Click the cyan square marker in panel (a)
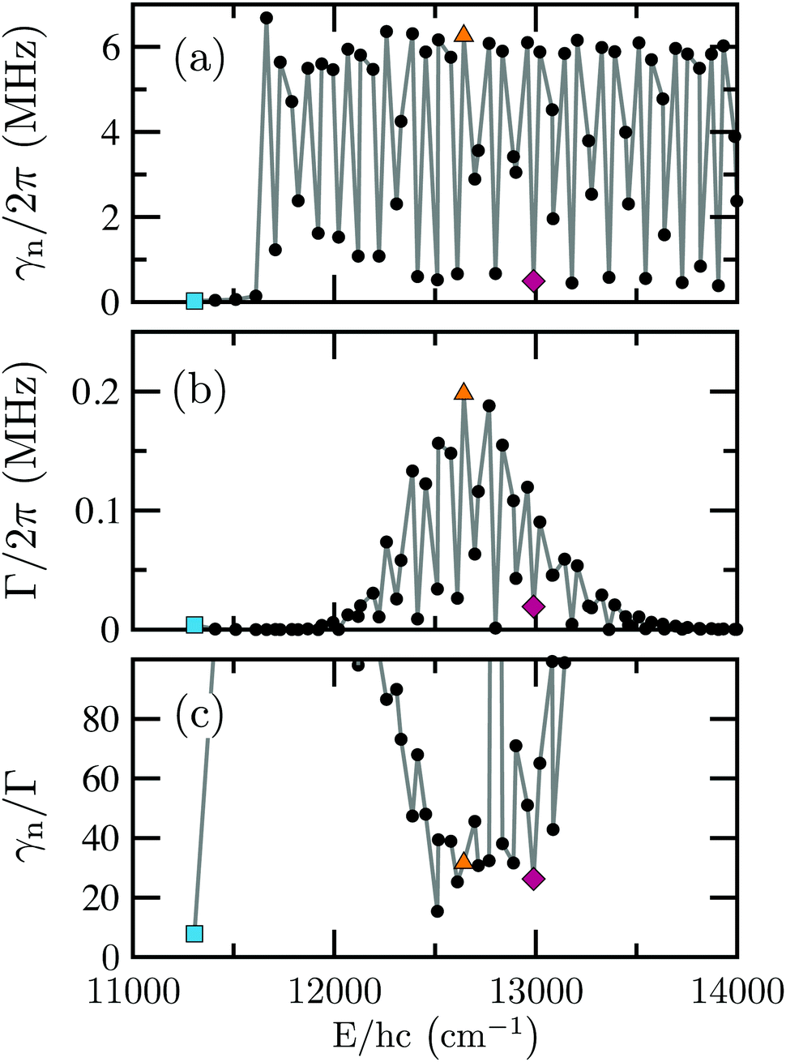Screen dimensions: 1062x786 [x=194, y=301]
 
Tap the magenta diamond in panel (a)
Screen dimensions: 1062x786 [x=533, y=280]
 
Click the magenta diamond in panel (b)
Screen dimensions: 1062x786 [x=533, y=606]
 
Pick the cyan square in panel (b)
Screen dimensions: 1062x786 [x=194, y=624]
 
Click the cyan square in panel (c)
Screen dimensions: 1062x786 [x=194, y=933]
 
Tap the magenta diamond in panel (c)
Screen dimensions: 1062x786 [x=533, y=878]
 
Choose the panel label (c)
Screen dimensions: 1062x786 [x=199, y=716]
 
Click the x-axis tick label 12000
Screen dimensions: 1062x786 [x=334, y=993]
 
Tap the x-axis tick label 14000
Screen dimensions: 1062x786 [x=736, y=993]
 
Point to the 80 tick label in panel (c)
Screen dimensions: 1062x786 [x=100, y=719]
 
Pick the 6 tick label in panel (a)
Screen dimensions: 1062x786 [x=111, y=47]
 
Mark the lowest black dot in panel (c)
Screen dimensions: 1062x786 [x=437, y=911]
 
